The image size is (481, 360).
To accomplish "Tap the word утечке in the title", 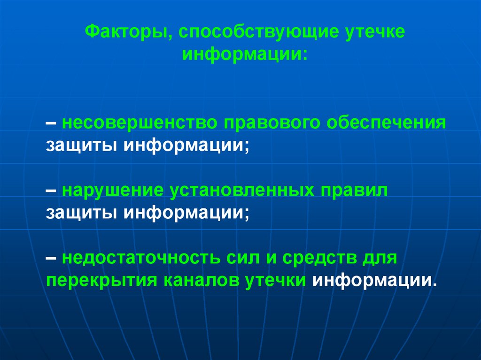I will pos(375,33).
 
